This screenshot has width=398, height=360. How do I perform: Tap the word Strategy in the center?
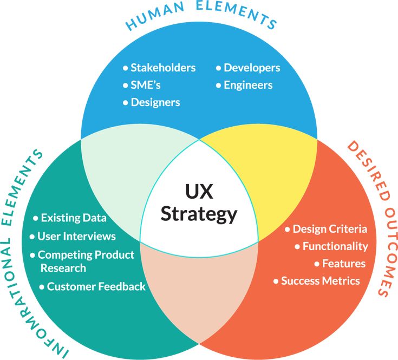click(199, 213)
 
